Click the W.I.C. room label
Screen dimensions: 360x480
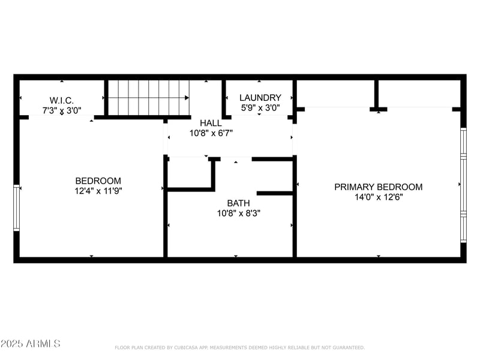point(62,100)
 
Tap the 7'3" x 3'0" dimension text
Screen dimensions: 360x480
point(62,110)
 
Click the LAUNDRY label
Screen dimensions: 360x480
point(260,98)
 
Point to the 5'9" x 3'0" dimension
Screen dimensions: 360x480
point(260,108)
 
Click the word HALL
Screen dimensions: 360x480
point(211,123)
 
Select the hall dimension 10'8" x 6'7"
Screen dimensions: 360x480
point(211,133)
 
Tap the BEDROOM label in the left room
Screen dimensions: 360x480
point(98,181)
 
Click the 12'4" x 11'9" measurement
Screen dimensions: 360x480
point(98,191)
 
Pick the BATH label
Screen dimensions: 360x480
point(238,203)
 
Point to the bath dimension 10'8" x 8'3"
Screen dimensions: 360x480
point(238,213)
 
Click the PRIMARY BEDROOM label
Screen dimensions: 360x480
point(378,187)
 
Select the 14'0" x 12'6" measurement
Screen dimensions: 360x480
point(378,197)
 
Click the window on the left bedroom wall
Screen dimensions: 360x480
point(17,208)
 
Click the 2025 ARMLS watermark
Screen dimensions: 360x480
point(30,344)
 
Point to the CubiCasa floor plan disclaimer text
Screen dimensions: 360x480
point(239,347)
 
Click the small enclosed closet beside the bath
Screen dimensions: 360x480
point(188,173)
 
